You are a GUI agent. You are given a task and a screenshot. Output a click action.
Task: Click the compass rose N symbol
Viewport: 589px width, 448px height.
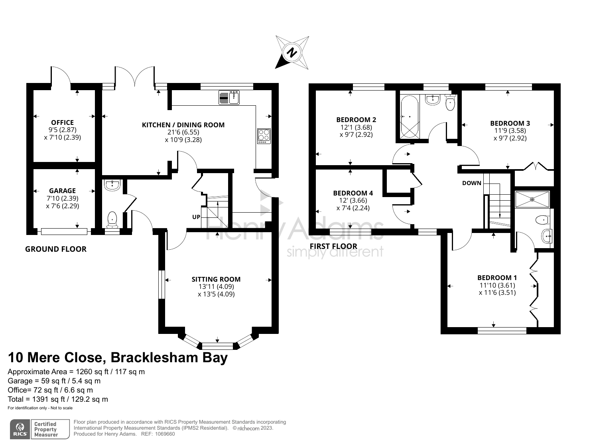pyautogui.click(x=292, y=52)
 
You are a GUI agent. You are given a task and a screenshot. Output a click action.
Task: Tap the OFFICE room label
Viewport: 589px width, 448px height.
pyautogui.click(x=63, y=122)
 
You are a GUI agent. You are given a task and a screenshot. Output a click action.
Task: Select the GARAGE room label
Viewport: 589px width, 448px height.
pyautogui.click(x=63, y=191)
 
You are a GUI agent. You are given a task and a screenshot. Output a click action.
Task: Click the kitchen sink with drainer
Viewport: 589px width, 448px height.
pyautogui.click(x=229, y=97)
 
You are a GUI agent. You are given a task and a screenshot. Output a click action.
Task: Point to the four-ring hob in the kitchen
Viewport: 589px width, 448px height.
pyautogui.click(x=264, y=136)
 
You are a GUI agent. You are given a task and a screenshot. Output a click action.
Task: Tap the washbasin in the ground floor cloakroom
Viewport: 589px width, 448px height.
pyautogui.click(x=112, y=185)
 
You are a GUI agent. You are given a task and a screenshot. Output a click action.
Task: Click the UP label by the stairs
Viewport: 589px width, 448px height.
pyautogui.click(x=196, y=217)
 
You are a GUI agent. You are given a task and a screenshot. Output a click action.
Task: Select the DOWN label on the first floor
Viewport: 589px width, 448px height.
pyautogui.click(x=472, y=183)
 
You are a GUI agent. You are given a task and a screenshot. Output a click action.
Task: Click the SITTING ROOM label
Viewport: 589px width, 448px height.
pyautogui.click(x=216, y=279)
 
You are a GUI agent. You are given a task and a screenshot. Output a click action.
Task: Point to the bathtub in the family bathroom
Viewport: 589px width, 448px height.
pyautogui.click(x=410, y=117)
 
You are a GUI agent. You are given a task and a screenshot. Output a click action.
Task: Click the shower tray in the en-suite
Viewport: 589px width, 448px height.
pyautogui.click(x=532, y=199)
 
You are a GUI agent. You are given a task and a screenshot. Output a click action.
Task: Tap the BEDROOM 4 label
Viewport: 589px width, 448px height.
pyautogui.click(x=353, y=193)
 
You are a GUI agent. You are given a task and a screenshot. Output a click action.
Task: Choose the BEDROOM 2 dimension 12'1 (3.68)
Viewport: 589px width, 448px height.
pyautogui.click(x=356, y=127)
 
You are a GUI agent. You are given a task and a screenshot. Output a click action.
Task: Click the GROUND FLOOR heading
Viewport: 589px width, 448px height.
pyautogui.click(x=56, y=249)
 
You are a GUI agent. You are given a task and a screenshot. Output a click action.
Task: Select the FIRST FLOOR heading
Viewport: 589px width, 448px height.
pyautogui.click(x=333, y=246)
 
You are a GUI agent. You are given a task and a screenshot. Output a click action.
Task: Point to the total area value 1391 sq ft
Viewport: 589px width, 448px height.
pyautogui.click(x=49, y=399)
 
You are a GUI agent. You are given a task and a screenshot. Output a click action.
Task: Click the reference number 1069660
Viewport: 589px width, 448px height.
pyautogui.click(x=164, y=434)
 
